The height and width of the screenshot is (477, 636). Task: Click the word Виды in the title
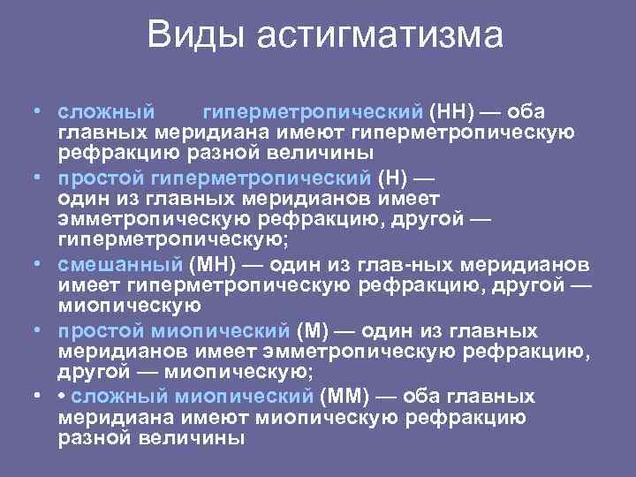pyautogui.click(x=197, y=35)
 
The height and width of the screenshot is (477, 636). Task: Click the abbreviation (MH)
pyautogui.click(x=210, y=264)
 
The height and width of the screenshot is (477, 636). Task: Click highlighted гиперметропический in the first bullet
pyautogui.click(x=313, y=113)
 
